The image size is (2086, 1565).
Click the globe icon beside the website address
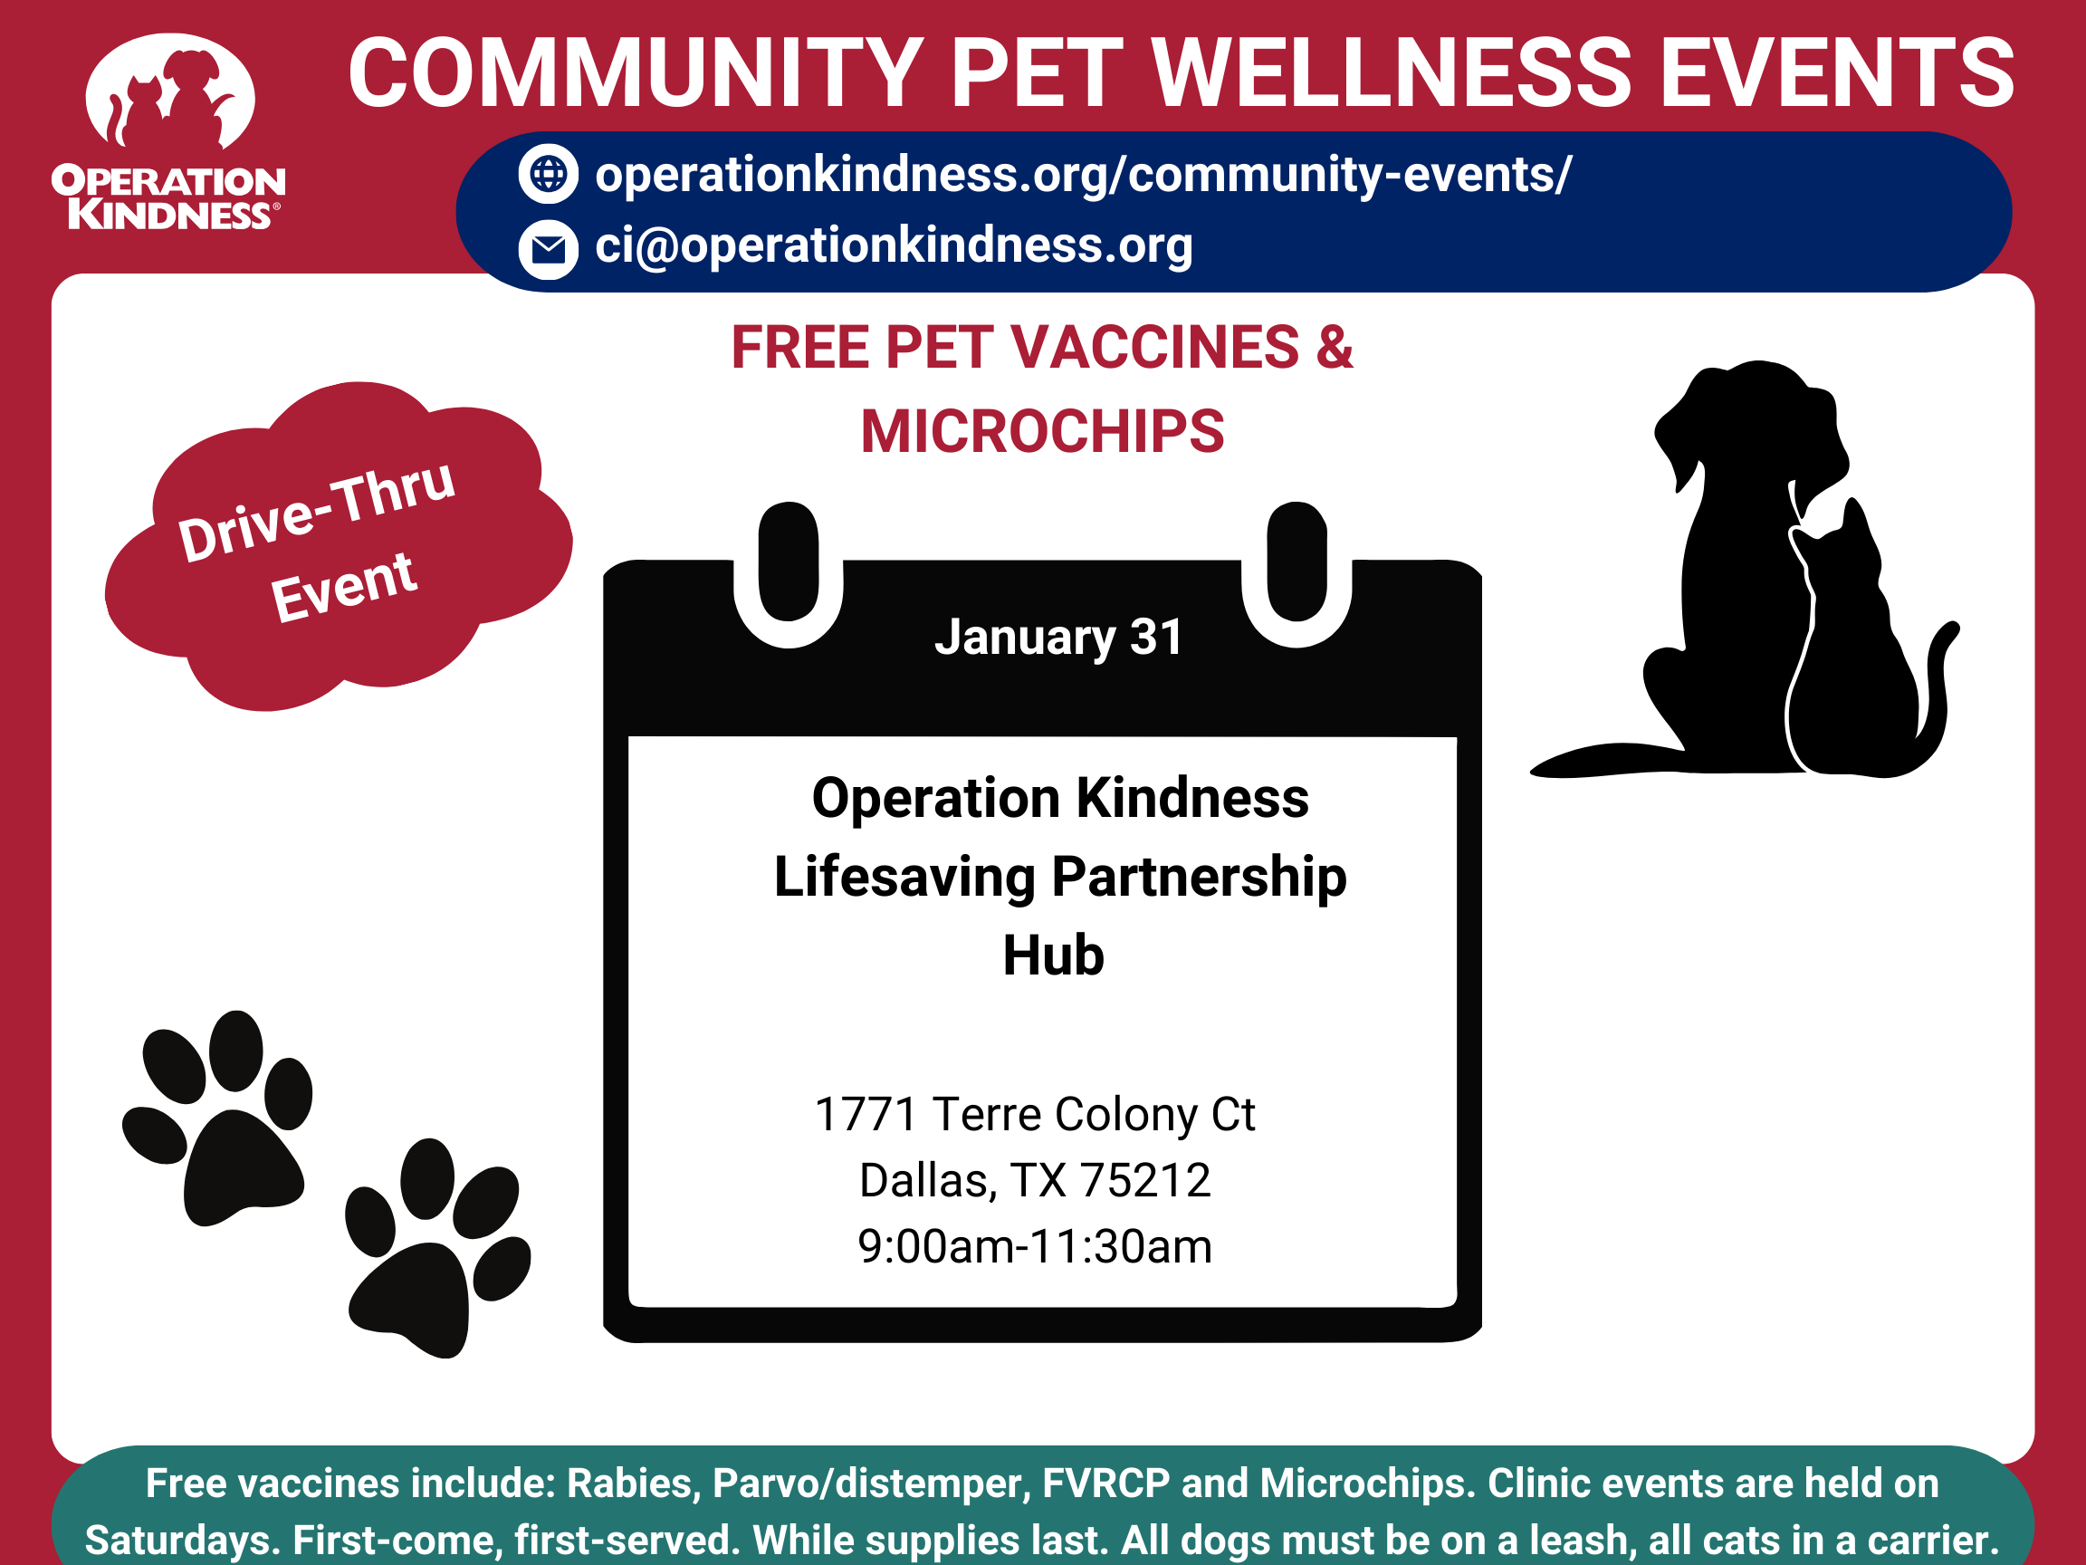pyautogui.click(x=548, y=175)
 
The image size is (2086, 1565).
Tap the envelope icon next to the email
pyautogui.click(x=548, y=250)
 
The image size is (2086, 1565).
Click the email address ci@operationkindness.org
pyautogui.click(x=893, y=246)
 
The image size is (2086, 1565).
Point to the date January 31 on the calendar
pyautogui.click(x=1058, y=638)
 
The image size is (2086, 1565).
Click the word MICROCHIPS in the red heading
pyautogui.click(x=1042, y=433)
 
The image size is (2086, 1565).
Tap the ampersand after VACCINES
pyautogui.click(x=1335, y=347)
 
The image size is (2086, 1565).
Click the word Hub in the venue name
pyautogui.click(x=1052, y=955)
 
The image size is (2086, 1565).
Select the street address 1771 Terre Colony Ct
pyautogui.click(x=1035, y=1114)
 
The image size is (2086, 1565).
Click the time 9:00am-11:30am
pyautogui.click(x=1035, y=1246)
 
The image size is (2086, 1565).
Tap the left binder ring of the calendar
pyautogui.click(x=789, y=563)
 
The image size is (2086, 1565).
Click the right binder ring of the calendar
pyautogui.click(x=1297, y=563)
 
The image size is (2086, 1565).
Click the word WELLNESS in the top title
pyautogui.click(x=1391, y=73)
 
